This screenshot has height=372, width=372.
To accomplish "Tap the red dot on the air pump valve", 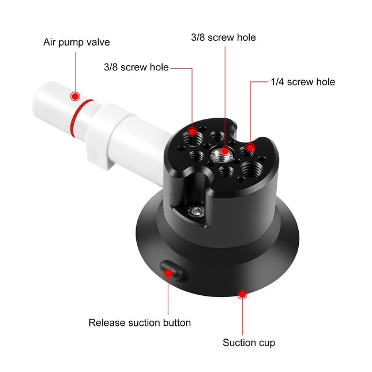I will pyautogui.click(x=75, y=96).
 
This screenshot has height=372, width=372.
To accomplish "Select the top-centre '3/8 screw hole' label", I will pyautogui.click(x=223, y=37).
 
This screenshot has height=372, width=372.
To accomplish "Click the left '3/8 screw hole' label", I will pyautogui.click(x=136, y=67).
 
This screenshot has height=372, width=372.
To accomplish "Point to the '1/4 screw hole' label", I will pyautogui.click(x=303, y=82).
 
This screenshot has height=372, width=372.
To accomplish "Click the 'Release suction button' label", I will pyautogui.click(x=140, y=322).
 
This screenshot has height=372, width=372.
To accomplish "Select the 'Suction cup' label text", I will pyautogui.click(x=249, y=343).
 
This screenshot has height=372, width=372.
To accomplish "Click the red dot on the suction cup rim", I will pyautogui.click(x=242, y=295).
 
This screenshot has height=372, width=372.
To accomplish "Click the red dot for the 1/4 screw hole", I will pyautogui.click(x=250, y=148).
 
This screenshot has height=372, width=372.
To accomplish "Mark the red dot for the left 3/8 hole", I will pyautogui.click(x=191, y=131).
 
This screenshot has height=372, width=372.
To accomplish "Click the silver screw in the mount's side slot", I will pyautogui.click(x=198, y=211).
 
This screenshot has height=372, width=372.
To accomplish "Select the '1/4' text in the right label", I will pyautogui.click(x=277, y=82).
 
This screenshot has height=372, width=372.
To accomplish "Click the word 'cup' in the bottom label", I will pyautogui.click(x=267, y=343).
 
